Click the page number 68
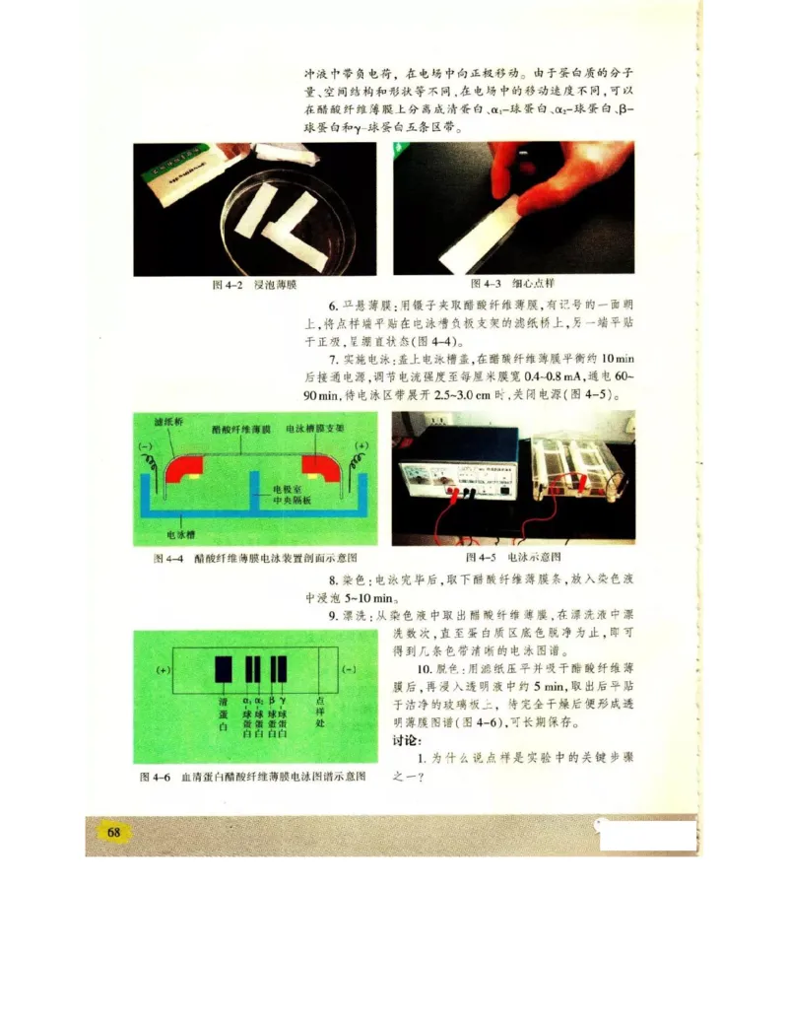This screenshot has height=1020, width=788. (113, 832)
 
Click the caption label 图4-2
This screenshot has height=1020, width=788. (229, 285)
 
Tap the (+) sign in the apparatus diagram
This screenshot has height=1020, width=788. (361, 445)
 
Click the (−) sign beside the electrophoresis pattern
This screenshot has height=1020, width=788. (349, 669)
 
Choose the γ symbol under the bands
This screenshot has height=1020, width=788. (283, 699)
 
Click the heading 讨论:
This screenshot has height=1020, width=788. (407, 740)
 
